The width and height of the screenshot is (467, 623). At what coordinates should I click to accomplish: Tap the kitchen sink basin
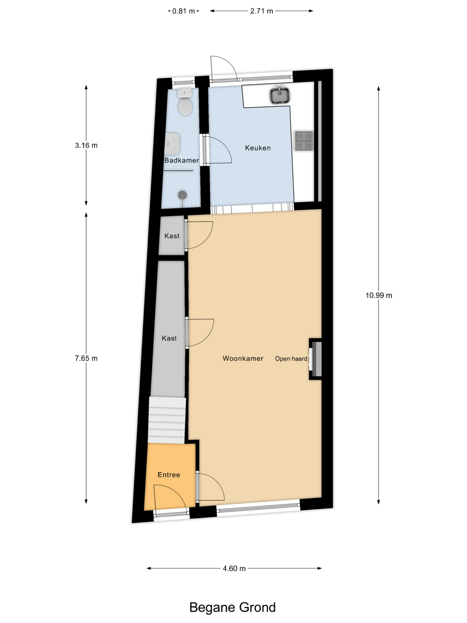click(x=280, y=95)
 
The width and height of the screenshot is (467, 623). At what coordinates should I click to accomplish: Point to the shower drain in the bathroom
click(x=182, y=195)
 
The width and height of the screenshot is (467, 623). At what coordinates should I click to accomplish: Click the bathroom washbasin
click(x=172, y=144)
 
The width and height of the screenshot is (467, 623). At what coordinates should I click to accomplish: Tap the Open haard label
click(x=291, y=358)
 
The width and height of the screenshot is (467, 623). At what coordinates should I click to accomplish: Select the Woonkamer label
click(x=243, y=358)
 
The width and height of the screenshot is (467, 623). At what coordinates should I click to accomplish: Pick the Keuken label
click(x=258, y=148)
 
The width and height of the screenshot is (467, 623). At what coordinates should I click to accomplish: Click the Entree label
click(x=169, y=475)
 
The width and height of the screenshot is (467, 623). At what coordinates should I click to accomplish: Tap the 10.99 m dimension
click(x=379, y=295)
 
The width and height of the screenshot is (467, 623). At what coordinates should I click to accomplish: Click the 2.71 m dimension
click(x=261, y=11)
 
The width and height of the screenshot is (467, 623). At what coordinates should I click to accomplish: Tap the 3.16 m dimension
click(x=86, y=145)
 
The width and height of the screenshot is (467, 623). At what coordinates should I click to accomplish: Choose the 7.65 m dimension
click(x=86, y=358)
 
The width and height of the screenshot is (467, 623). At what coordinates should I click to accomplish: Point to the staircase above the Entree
click(x=167, y=420)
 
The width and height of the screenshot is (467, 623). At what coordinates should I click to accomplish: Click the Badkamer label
click(x=181, y=160)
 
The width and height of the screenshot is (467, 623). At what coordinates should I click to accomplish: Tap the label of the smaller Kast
click(x=172, y=236)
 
